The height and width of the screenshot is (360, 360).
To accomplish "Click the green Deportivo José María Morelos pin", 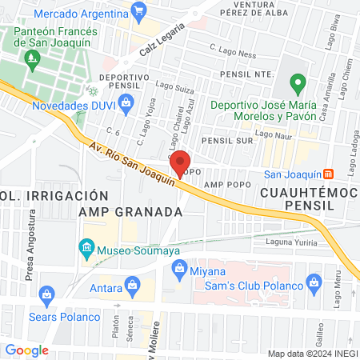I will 298,83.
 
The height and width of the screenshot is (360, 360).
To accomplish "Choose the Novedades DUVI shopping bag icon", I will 126,102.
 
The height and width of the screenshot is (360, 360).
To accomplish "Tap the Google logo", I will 26,350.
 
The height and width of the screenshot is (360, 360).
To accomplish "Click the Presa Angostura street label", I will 32,241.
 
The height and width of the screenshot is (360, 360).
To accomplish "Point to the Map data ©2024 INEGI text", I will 310,353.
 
